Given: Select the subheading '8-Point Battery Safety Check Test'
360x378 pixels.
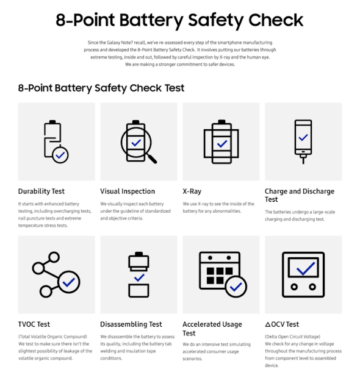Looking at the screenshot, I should click(101, 88).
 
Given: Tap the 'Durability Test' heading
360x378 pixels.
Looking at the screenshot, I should click(41, 191).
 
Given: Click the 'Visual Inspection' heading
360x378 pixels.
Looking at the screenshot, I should click(128, 191).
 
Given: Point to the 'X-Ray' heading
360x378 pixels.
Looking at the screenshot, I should click(192, 191).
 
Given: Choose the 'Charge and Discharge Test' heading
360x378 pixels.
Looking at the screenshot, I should click(299, 195).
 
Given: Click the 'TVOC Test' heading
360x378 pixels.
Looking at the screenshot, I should click(34, 324).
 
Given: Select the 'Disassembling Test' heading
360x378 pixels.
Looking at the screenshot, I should click(131, 324).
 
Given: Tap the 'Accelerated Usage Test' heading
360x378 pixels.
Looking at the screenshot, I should click(212, 329).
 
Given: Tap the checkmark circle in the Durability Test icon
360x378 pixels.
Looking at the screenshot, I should click(60, 155).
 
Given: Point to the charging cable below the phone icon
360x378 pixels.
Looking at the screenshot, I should click(303, 159).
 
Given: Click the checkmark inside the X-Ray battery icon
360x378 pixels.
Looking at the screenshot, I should click(221, 144).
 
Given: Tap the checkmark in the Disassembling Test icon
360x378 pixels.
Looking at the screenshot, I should click(139, 278).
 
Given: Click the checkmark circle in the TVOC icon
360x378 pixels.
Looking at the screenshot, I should click(68, 282).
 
